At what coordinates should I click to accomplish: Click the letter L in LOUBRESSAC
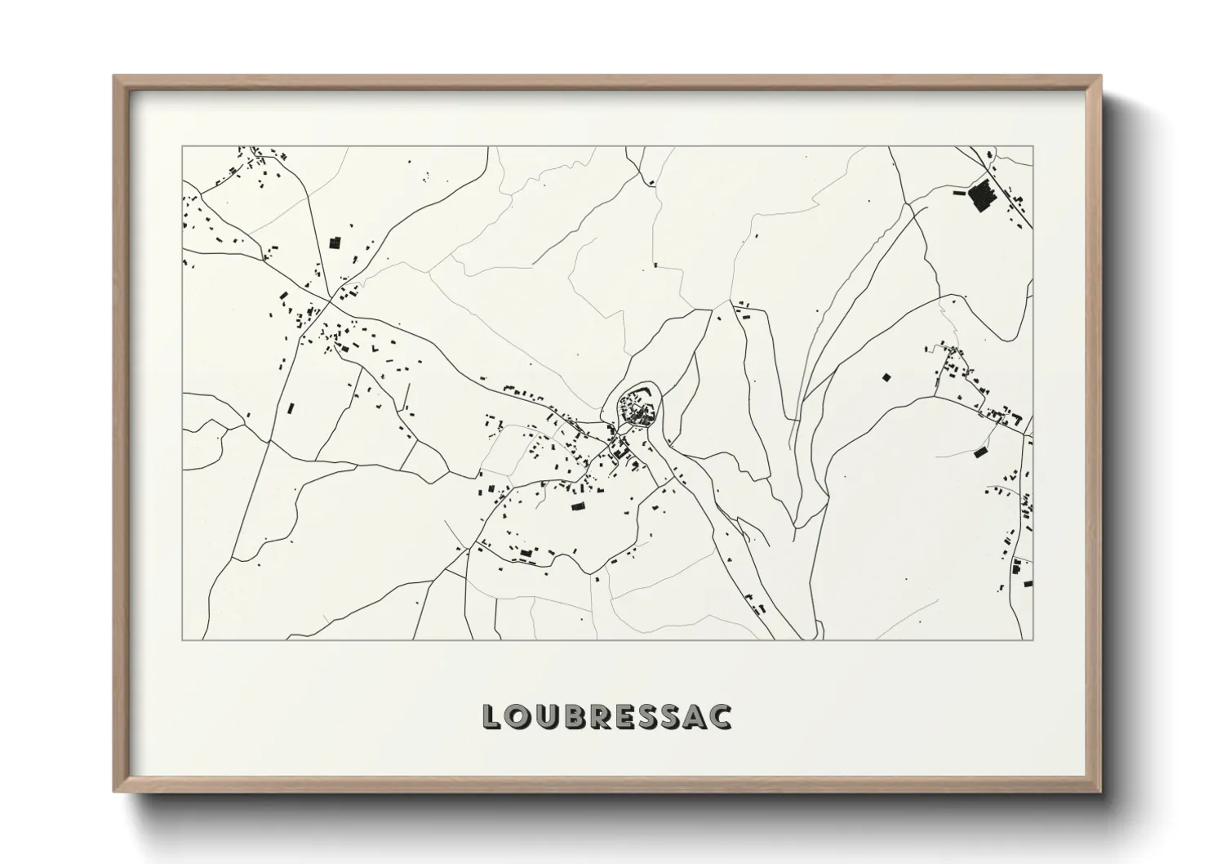[x=492, y=716]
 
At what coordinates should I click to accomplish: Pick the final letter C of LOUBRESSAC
[x=721, y=716]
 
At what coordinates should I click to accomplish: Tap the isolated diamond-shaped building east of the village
[x=886, y=377]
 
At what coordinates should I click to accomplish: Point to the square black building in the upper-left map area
[x=333, y=243]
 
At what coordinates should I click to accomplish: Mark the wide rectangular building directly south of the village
[x=578, y=507]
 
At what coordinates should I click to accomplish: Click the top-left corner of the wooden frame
[x=115, y=77]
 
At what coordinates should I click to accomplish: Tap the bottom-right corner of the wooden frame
[x=1101, y=791]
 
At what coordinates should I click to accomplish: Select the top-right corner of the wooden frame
[x=1101, y=77]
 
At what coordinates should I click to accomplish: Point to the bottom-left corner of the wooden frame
[x=115, y=791]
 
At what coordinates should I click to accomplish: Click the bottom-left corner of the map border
[x=182, y=639]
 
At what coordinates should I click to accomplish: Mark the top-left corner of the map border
[x=182, y=147]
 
